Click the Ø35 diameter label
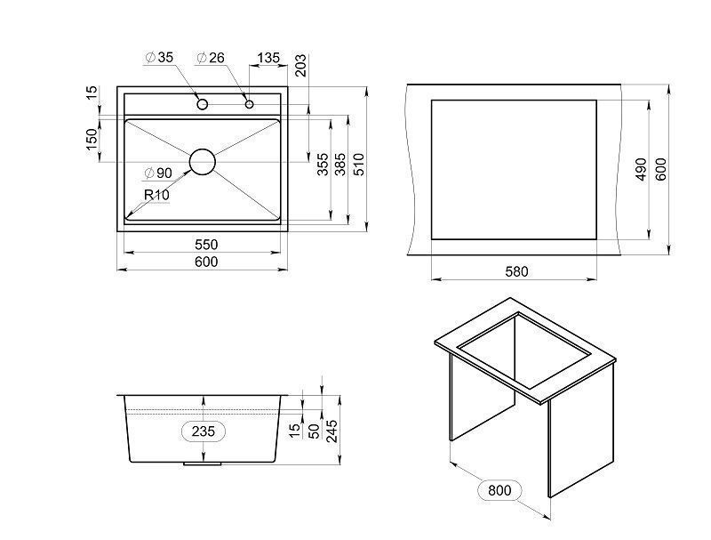[x=159, y=58]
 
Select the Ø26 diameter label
[x=211, y=58]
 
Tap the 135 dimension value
[x=269, y=58]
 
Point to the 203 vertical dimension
[x=300, y=66]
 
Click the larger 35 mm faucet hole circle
[x=203, y=104]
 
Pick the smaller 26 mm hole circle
[x=249, y=104]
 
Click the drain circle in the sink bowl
[x=203, y=162]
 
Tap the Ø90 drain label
[x=158, y=173]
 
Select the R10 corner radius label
[x=157, y=195]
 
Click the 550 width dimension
[x=206, y=245]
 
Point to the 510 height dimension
[x=358, y=165]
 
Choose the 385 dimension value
[x=340, y=165]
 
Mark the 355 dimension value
[x=323, y=165]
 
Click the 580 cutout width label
[x=516, y=272]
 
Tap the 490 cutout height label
[x=641, y=169]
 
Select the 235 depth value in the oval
[x=203, y=431]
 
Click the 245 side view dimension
[x=332, y=431]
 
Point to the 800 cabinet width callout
[x=499, y=490]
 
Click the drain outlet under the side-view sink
[x=203, y=464]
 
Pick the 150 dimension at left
[x=92, y=141]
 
